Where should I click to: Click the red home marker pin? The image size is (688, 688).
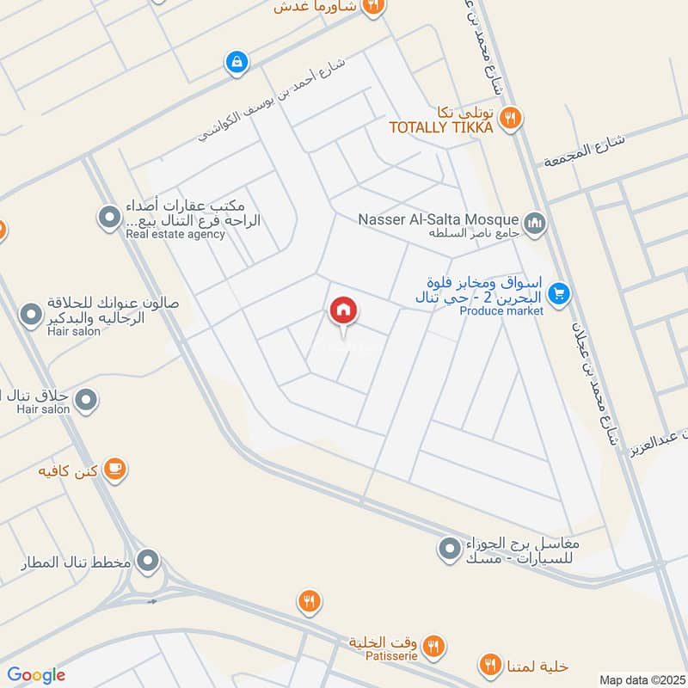(x=344, y=312)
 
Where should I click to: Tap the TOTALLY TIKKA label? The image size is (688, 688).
(x=441, y=127)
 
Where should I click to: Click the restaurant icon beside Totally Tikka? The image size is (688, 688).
(x=511, y=119)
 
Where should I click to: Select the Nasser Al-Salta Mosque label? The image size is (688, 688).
(x=439, y=219)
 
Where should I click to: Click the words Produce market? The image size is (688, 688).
(x=501, y=311)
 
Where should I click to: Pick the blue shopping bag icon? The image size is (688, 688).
(x=235, y=62)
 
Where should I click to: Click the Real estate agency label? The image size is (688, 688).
(x=175, y=234)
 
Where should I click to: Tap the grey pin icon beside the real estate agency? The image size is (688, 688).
(x=109, y=218)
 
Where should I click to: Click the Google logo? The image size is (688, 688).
(x=36, y=675)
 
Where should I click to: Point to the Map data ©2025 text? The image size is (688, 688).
(x=641, y=679)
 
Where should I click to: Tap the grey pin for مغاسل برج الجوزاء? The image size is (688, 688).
(x=449, y=548)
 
